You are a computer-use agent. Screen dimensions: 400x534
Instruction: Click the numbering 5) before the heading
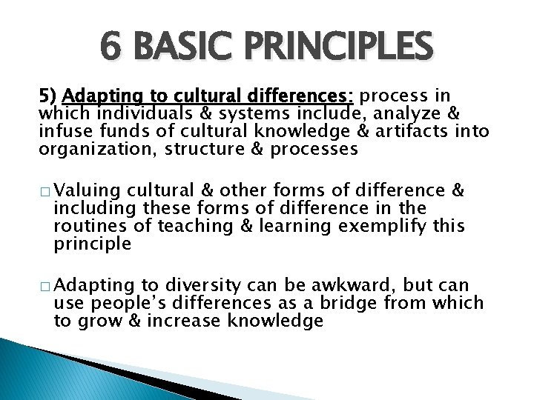[49, 96]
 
